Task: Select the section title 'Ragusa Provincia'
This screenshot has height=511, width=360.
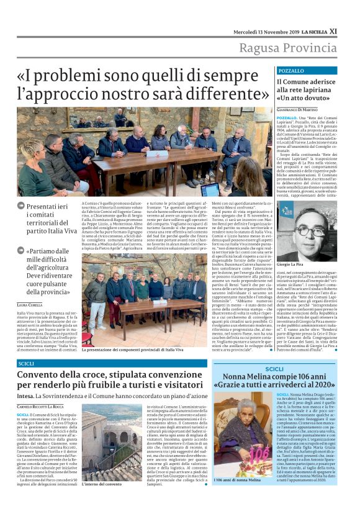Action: [288, 48]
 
